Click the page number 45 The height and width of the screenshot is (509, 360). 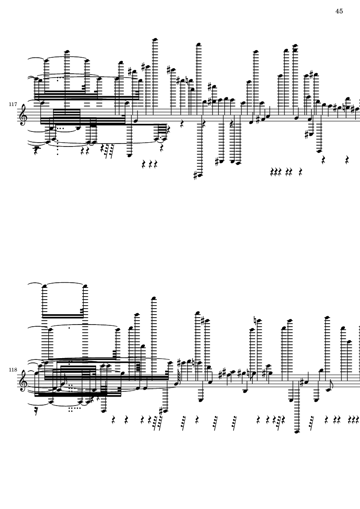339,11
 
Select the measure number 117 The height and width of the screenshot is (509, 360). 13,105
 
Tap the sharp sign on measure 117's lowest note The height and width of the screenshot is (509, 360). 195,175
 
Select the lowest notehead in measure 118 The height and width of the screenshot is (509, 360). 297,431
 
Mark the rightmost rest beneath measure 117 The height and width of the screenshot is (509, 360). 347,160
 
